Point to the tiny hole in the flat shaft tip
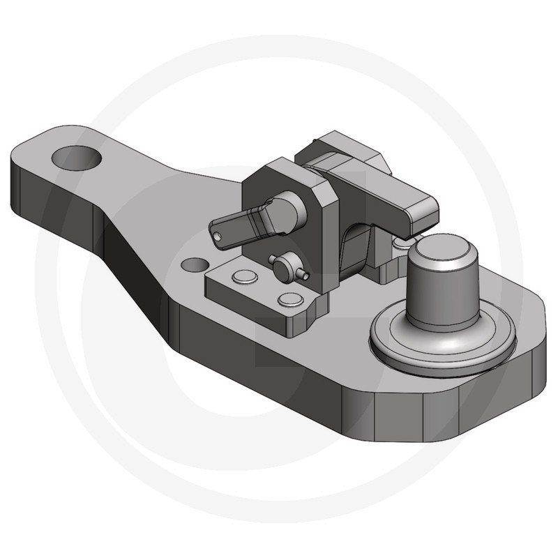click(x=222, y=237)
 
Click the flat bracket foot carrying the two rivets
click(x=265, y=293)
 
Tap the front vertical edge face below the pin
click(x=398, y=412)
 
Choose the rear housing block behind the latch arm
click(x=342, y=150)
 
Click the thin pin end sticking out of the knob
click(x=305, y=276)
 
